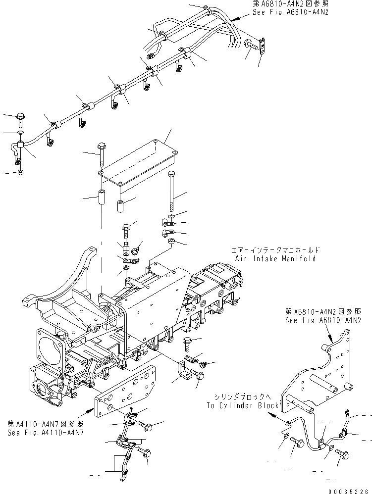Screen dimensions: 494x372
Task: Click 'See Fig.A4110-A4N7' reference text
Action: click(45, 432)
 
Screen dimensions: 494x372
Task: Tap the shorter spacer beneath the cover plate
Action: click(120, 205)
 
